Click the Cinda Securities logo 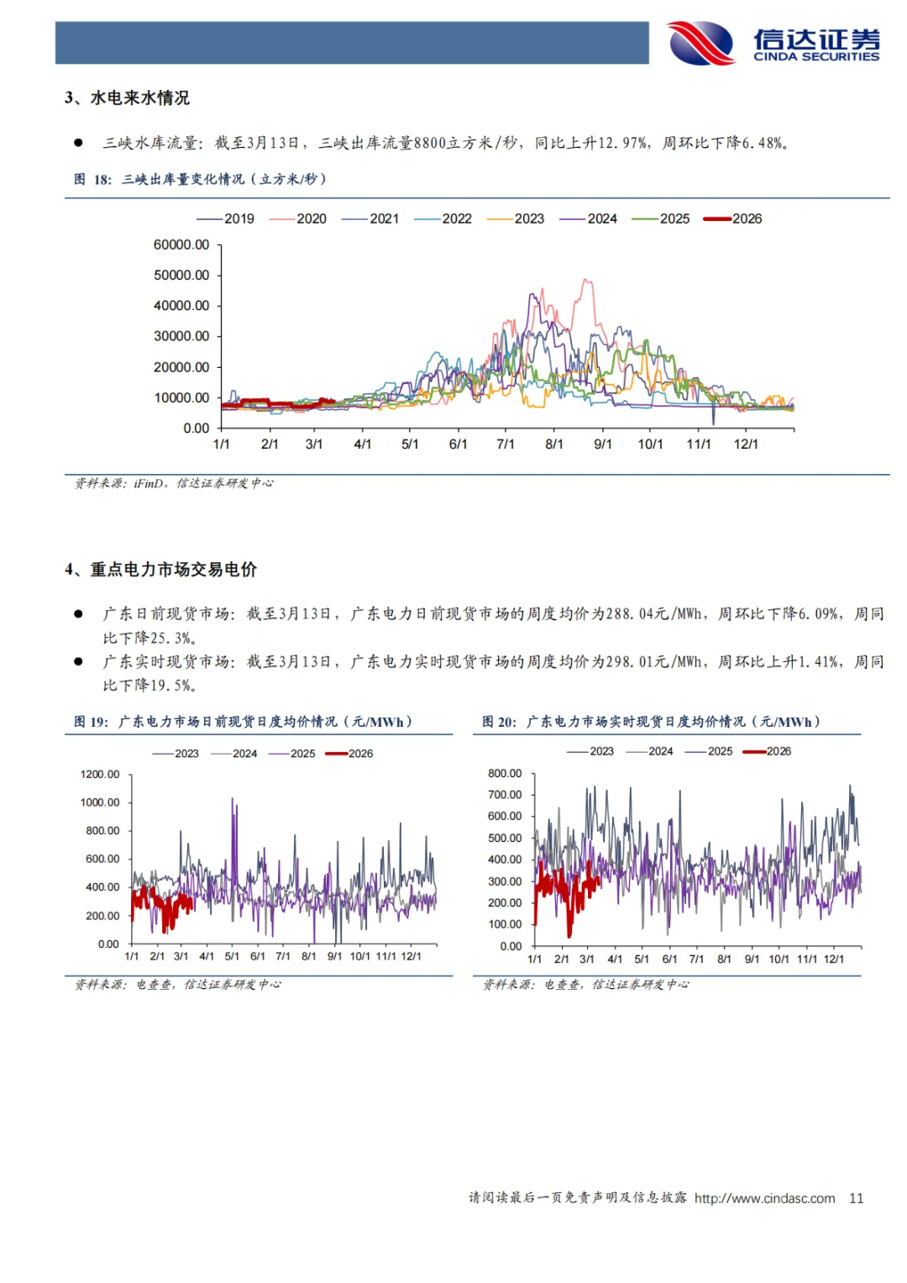coord(773,44)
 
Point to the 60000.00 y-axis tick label coord(181,245)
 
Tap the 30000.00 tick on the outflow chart coord(181,336)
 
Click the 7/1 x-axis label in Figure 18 coord(506,444)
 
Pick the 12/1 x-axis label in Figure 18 coord(746,444)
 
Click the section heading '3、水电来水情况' coord(128,98)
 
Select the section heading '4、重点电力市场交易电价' coord(161,570)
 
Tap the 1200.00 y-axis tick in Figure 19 coord(100,774)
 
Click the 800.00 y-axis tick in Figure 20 coord(505,773)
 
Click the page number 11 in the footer coord(856,1198)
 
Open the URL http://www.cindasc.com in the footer coord(764,1198)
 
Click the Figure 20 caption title coord(651,722)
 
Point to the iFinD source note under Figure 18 coord(174,483)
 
